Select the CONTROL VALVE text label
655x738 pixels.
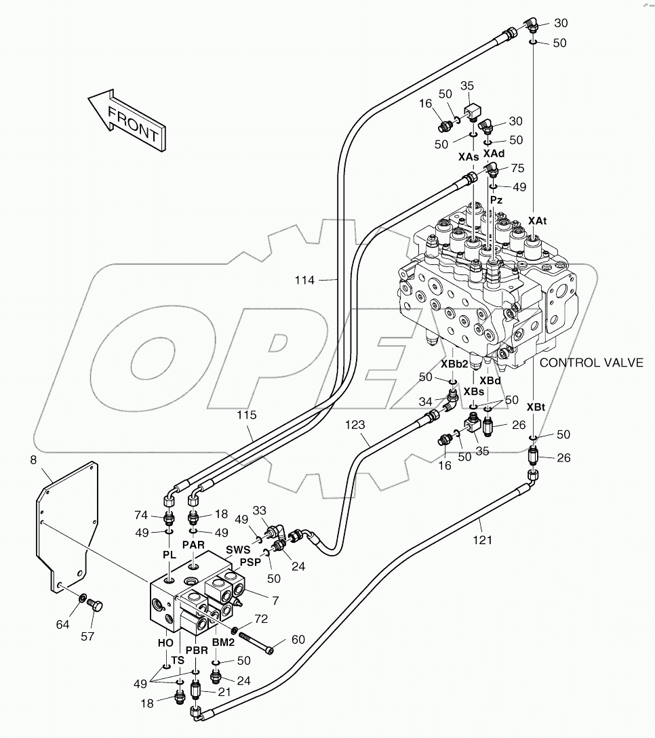(x=591, y=363)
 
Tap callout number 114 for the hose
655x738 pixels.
(x=304, y=280)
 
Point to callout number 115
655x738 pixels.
(x=247, y=414)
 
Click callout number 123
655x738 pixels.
(x=355, y=425)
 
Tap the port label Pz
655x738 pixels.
(x=496, y=201)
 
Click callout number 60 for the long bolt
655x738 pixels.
(x=298, y=639)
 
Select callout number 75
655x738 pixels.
(x=517, y=169)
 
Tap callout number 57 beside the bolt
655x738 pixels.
(x=88, y=636)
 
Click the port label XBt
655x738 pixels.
(x=535, y=407)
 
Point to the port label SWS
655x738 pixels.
(x=237, y=550)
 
